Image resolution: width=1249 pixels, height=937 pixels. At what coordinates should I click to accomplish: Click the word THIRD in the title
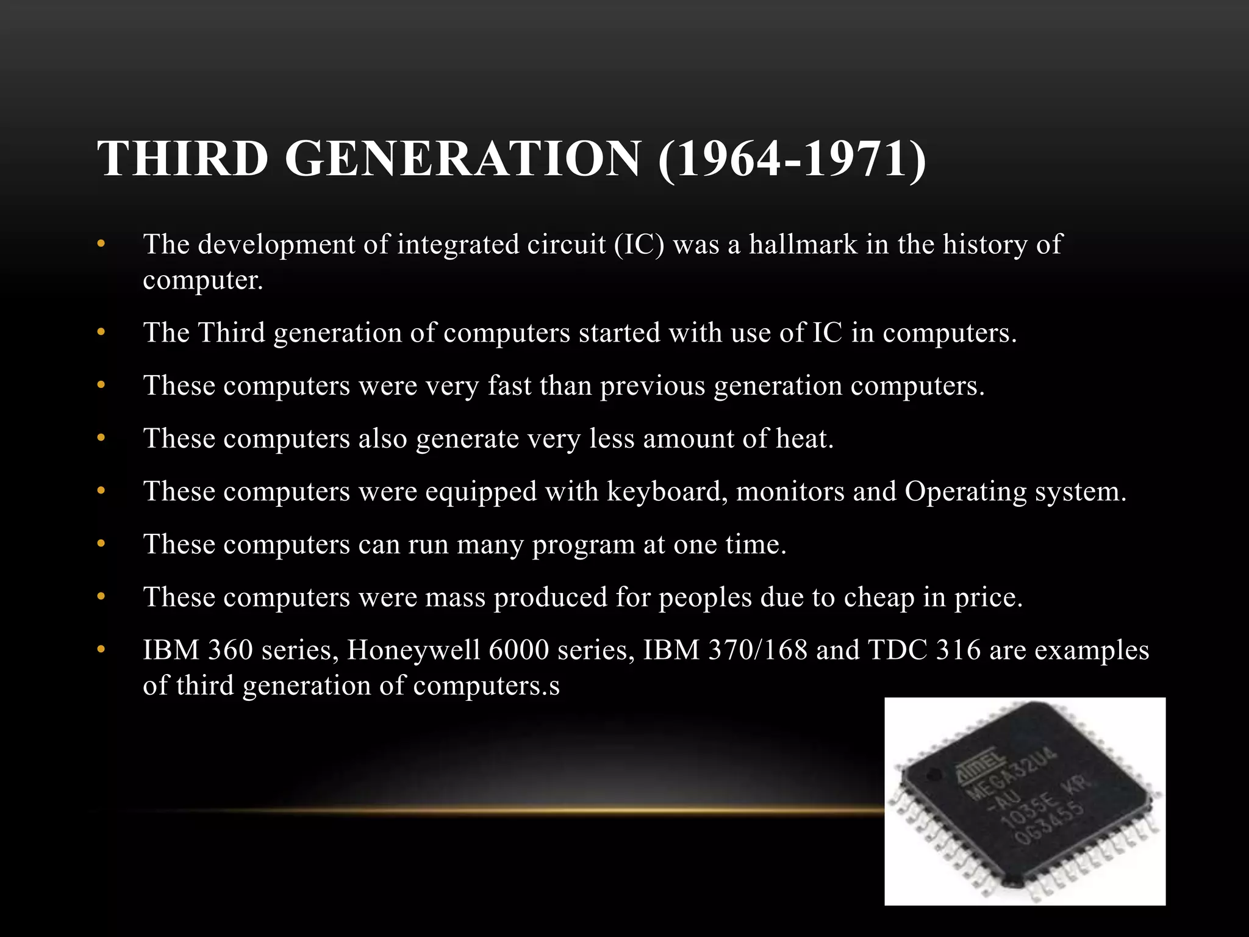182,159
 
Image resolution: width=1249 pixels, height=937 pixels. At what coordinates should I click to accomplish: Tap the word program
584,544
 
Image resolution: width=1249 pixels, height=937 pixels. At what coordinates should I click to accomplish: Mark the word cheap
879,597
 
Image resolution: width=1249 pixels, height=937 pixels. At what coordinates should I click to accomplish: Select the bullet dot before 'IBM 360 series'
101,650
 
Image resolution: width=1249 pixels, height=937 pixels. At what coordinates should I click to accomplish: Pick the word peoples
705,597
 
